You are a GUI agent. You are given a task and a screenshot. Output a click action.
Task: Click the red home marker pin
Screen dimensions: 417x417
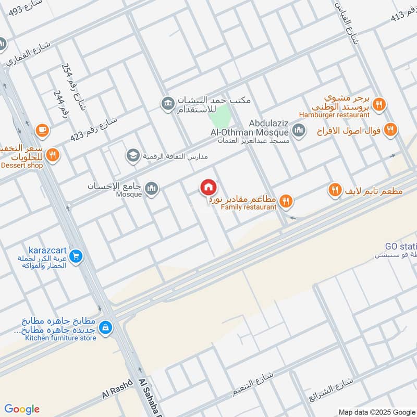[208, 187]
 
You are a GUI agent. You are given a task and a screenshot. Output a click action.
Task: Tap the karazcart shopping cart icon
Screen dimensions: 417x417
[76, 256]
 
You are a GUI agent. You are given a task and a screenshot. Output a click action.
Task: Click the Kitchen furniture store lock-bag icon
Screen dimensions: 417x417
[106, 327]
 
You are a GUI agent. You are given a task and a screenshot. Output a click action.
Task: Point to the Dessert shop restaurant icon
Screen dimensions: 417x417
[52, 155]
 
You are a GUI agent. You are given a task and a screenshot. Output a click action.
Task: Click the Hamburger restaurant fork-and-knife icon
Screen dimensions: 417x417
[379, 104]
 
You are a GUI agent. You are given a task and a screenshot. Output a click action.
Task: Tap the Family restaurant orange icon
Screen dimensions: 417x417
[286, 200]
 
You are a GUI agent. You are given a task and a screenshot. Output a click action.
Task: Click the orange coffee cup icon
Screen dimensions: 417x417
[41, 129]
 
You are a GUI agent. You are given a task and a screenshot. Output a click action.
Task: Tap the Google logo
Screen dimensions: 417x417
[21, 409]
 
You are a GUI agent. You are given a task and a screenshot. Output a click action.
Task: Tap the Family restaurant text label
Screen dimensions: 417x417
[248, 207]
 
